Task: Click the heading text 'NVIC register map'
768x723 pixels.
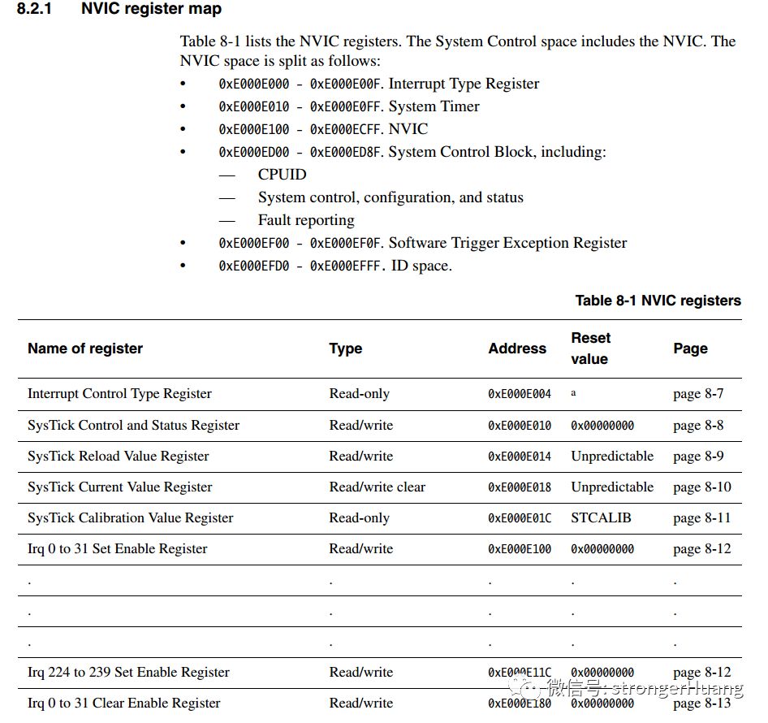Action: click(x=151, y=10)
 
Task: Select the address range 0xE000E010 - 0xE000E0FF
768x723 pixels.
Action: click(x=301, y=106)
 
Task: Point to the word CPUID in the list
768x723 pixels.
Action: click(x=282, y=175)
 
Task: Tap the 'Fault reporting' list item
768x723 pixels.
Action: click(x=306, y=220)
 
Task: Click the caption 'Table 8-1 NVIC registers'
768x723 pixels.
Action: click(x=658, y=301)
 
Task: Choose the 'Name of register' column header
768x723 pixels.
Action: click(x=85, y=349)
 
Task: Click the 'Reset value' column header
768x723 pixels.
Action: click(x=590, y=349)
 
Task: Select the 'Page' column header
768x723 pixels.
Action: click(x=690, y=349)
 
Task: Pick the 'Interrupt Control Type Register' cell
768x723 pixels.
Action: click(x=119, y=394)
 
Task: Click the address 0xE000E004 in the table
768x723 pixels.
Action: click(x=520, y=394)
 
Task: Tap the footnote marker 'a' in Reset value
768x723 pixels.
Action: click(x=573, y=392)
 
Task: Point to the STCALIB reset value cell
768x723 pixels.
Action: click(x=601, y=517)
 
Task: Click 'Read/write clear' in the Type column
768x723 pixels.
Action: click(x=377, y=487)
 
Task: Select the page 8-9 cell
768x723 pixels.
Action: click(x=698, y=457)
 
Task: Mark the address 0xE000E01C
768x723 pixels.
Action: click(x=520, y=518)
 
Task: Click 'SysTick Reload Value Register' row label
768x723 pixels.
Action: click(x=119, y=457)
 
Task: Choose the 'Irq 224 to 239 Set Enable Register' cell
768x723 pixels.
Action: click(x=128, y=673)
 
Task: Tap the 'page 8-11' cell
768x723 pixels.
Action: click(x=701, y=517)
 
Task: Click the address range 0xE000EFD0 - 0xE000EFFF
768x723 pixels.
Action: click(x=301, y=266)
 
